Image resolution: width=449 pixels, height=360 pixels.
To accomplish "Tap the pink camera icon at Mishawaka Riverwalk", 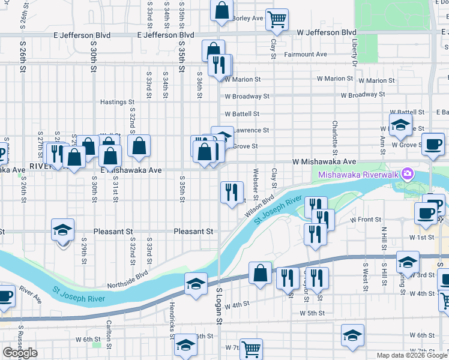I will point(408,174).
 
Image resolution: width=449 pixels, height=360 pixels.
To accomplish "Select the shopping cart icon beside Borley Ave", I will point(277,20).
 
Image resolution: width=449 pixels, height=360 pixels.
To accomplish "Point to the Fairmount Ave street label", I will point(306,54).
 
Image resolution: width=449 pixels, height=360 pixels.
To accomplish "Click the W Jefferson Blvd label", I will point(327,32).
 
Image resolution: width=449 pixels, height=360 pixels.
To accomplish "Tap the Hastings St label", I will point(117,102).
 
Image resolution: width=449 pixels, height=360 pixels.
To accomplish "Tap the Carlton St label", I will point(109,334).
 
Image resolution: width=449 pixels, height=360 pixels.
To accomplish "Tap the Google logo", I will point(20,353).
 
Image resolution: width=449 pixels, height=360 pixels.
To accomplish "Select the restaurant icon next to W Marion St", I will point(220,65).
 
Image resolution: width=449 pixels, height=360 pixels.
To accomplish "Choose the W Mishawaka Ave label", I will point(324,162).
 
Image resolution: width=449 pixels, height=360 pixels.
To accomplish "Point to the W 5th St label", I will point(312,313).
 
